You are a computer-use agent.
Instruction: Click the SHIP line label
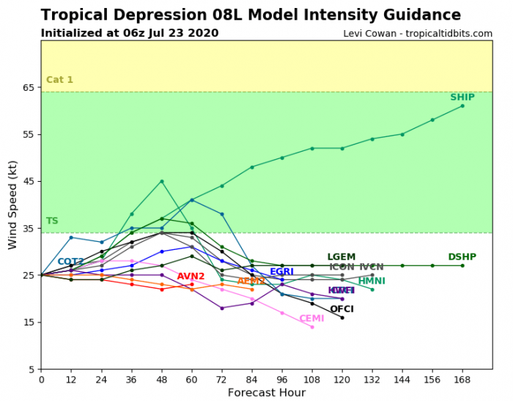(462, 98)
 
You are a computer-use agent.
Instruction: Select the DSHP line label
(462, 257)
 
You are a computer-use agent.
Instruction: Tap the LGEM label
(341, 257)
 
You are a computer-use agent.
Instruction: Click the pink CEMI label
(311, 319)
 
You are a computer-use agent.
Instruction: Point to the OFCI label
(342, 309)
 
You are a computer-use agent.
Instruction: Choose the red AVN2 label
(191, 277)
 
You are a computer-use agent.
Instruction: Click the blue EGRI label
(281, 272)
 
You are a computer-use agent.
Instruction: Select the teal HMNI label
(372, 282)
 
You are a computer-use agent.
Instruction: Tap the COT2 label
(70, 262)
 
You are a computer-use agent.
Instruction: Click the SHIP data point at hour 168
(462, 106)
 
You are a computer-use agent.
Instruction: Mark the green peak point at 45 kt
(161, 181)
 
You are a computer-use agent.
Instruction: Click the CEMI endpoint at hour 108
(312, 327)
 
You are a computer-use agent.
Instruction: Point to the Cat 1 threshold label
(59, 80)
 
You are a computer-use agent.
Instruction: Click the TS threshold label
(52, 221)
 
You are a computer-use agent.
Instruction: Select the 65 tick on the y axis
(29, 87)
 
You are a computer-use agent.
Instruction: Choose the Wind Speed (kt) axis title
(12, 205)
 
